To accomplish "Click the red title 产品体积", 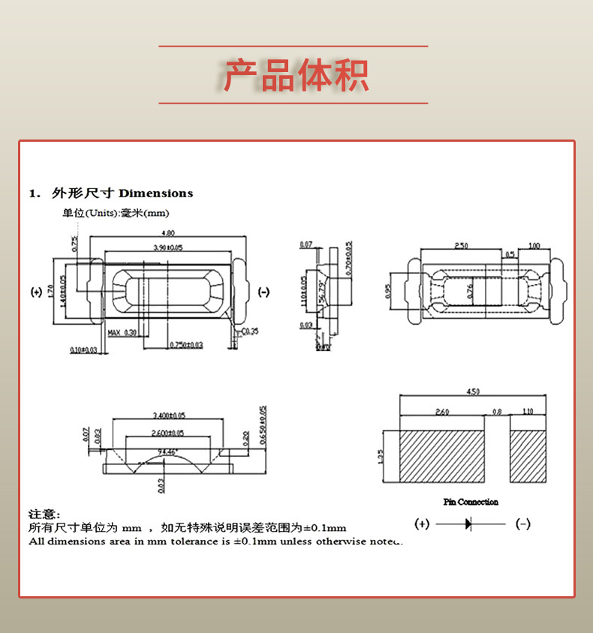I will coord(296,75).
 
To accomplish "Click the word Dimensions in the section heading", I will coord(156,193).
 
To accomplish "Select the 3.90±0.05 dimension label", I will coord(168,247).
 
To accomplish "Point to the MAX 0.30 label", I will coord(122,332).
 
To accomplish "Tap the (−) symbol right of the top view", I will coord(263,292).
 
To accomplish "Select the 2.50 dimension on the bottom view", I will coord(461,246).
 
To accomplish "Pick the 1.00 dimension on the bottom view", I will coord(534,246).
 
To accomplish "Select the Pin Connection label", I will coord(471,502).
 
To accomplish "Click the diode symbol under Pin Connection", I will coord(469,524).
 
